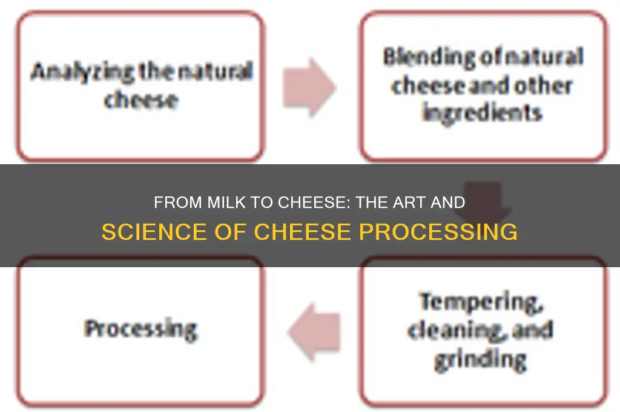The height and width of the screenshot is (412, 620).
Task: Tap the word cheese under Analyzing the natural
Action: pos(140,99)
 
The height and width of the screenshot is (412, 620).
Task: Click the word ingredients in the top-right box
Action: pos(482,112)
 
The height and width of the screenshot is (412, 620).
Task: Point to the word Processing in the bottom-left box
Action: pos(140,329)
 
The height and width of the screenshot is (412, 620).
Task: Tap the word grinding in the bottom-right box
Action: pos(480,359)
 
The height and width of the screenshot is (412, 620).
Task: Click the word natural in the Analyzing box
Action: pos(219,73)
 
